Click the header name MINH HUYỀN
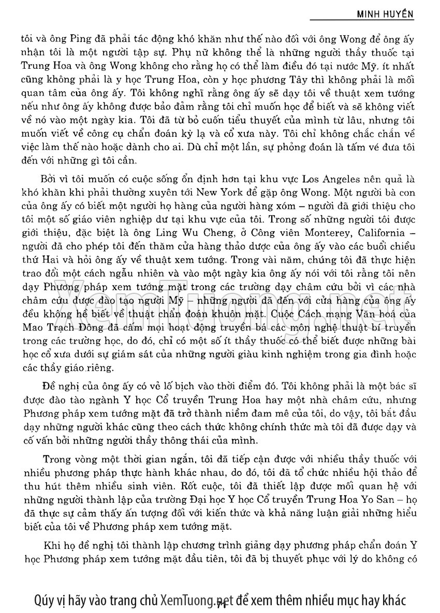[x=385, y=14]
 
